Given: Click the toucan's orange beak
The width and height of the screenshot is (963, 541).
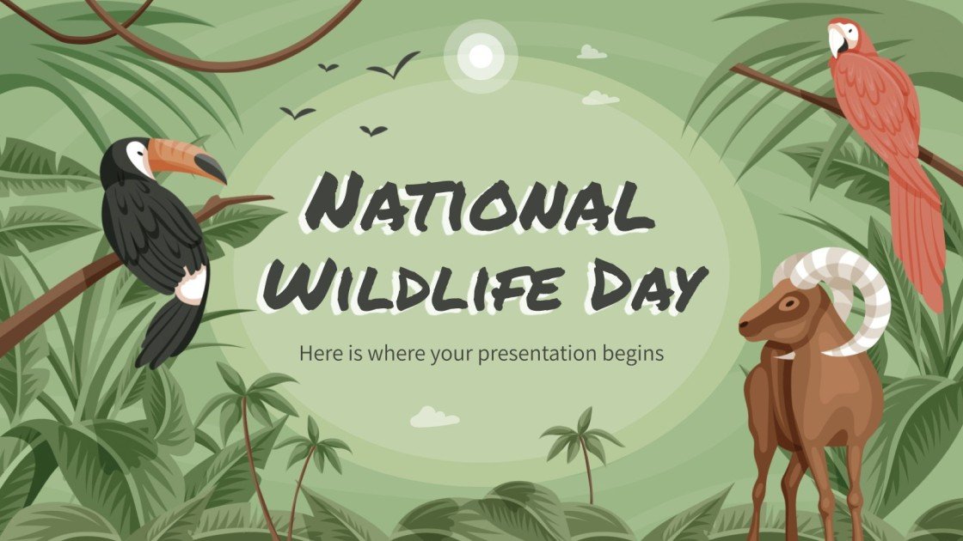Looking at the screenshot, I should pos(185,159).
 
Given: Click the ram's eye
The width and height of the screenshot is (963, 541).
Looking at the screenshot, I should pos(787,301).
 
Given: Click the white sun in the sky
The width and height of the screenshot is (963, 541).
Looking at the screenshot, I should pos(482,56).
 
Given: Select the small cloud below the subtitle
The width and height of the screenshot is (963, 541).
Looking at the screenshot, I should pos(433,417).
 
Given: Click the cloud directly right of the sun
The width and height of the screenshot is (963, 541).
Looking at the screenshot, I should pos(591,53).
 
